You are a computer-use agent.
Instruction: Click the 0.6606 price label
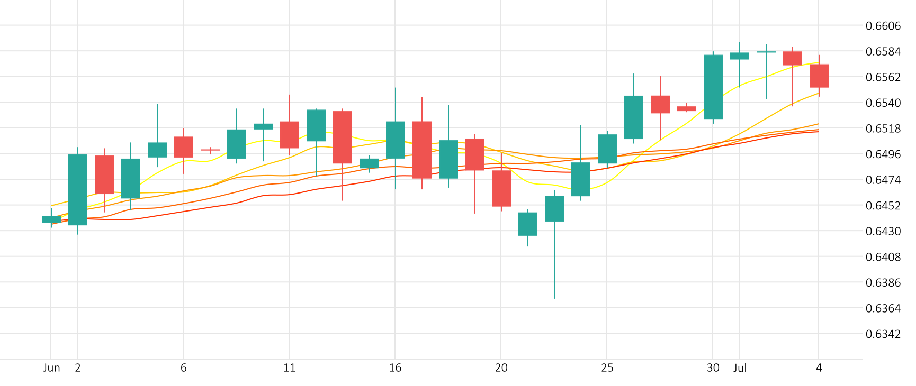883,26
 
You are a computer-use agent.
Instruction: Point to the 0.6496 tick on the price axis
883,154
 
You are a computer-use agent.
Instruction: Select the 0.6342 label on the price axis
883,334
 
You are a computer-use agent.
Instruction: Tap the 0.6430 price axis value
883,231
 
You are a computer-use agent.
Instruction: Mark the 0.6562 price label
883,77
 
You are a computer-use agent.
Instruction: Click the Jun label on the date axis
51,368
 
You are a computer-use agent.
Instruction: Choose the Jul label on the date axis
740,368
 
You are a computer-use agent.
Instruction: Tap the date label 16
395,368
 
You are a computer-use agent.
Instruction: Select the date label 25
607,368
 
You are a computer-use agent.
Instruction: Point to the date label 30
713,368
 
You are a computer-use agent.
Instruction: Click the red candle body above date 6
184,147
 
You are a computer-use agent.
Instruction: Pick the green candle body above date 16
396,140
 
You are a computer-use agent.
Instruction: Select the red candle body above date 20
501,188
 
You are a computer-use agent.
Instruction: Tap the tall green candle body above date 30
713,87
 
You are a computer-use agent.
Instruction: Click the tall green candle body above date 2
78,189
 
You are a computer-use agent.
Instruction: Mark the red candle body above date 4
819,76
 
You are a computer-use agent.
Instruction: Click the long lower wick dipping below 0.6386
554,264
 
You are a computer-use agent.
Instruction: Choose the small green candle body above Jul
740,56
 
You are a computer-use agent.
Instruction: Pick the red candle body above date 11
290,135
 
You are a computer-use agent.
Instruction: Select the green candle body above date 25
607,149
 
